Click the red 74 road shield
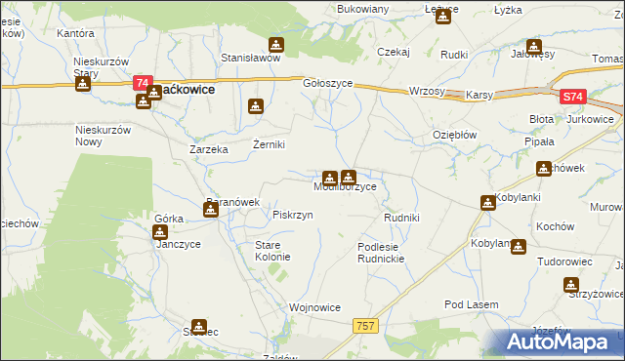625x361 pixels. click(x=143, y=84)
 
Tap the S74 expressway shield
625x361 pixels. click(x=573, y=97)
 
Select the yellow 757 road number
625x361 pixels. click(x=366, y=326)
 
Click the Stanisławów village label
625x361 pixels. click(x=250, y=58)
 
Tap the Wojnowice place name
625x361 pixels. click(x=314, y=307)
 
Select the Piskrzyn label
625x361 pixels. click(x=293, y=215)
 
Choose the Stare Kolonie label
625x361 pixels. click(x=272, y=251)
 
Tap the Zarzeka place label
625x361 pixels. click(x=208, y=150)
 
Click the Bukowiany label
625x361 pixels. click(x=362, y=9)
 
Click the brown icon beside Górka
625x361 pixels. click(x=159, y=233)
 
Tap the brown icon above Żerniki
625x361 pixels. click(x=257, y=106)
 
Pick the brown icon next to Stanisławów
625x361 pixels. click(x=276, y=45)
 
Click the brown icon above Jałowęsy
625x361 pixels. click(x=533, y=46)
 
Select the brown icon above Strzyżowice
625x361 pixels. click(x=570, y=285)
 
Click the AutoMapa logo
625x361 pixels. click(x=562, y=342)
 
